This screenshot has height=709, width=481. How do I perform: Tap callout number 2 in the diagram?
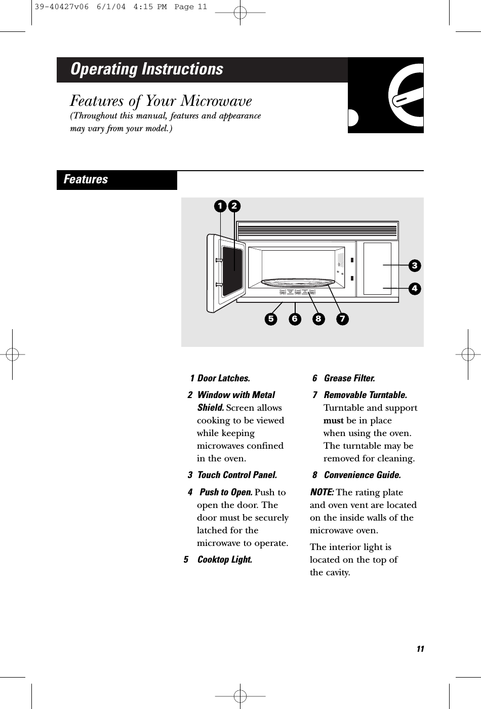pos(234,206)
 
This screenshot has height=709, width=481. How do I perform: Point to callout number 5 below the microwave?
pos(270,319)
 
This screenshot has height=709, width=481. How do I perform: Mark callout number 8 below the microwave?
pos(318,319)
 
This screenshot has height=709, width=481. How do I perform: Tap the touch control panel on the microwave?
pos(377,268)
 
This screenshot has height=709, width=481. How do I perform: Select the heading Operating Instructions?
pos(147,69)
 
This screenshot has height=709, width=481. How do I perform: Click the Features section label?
pos(86,180)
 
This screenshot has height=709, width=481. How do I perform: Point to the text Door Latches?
pos(223,378)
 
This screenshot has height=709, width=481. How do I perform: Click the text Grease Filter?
pos(349,378)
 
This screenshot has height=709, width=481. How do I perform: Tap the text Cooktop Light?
pos(224,560)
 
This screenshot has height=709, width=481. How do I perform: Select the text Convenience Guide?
pos(362,475)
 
